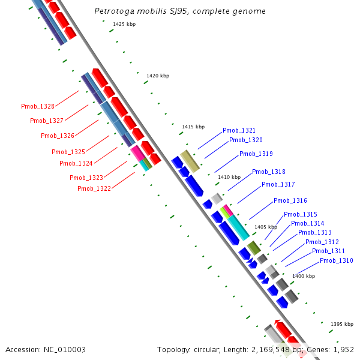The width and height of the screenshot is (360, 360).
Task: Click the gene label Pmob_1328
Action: (x=38, y=106)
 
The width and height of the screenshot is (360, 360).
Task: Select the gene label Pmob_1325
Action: (x=68, y=152)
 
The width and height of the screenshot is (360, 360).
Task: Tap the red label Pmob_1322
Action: (x=94, y=188)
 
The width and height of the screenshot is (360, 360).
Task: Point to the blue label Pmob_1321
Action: (x=239, y=130)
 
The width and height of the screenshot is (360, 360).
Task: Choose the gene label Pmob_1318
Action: (x=268, y=172)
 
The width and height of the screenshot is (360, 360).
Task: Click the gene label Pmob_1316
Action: (x=290, y=200)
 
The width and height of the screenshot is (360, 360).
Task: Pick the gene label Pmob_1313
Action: (x=314, y=232)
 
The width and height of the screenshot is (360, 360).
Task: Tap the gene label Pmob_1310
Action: (x=336, y=260)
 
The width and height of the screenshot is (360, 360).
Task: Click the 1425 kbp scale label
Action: (x=124, y=24)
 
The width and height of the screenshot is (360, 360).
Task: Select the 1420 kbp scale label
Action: (x=158, y=76)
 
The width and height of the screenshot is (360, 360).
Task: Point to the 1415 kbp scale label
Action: (x=193, y=127)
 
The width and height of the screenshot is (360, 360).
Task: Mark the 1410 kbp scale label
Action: (x=229, y=177)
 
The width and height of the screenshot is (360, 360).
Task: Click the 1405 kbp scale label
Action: (x=266, y=227)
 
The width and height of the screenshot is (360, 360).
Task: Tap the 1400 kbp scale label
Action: (x=303, y=276)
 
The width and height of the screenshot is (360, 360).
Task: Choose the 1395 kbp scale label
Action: (x=341, y=324)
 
